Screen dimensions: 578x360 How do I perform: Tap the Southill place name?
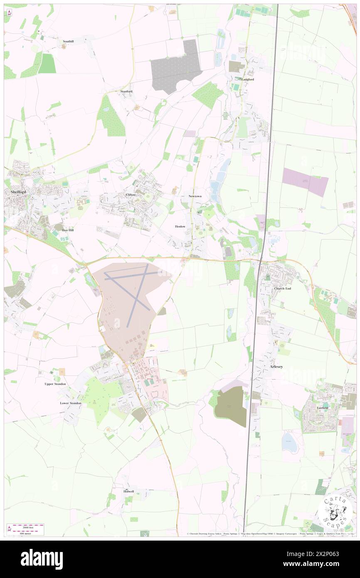click(x=68, y=42)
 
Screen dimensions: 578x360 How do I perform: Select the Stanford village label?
click(x=126, y=91)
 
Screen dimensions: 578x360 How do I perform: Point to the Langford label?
click(x=248, y=79)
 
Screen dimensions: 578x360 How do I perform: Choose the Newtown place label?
click(x=195, y=196)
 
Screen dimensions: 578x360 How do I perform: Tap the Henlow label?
click(x=180, y=226)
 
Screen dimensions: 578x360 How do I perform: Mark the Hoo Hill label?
click(x=68, y=230)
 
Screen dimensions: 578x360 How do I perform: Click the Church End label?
click(x=282, y=288)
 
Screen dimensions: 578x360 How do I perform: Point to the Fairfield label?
click(x=323, y=408)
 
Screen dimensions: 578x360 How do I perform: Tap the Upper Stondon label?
click(x=55, y=384)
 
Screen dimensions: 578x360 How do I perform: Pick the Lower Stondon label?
click(x=70, y=403)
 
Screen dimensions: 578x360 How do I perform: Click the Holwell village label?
click(x=129, y=491)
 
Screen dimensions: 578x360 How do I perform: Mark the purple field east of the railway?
click(x=306, y=182)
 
